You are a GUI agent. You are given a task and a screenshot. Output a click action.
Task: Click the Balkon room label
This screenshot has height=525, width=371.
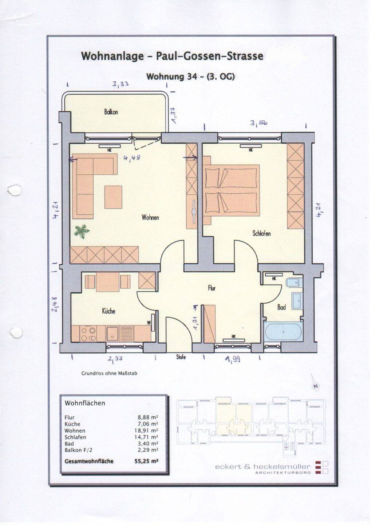pos(111,112)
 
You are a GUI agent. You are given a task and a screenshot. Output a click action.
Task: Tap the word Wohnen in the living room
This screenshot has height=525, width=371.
pos(150,218)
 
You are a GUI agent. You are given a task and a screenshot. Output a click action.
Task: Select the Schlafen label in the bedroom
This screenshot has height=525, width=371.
pos(262,233)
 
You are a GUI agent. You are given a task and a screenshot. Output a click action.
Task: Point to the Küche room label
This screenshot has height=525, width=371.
pos(108,311)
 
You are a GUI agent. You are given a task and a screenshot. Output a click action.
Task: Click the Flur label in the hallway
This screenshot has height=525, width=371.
pos(212,288)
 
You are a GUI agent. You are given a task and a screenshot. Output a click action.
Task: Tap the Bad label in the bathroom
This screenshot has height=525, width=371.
pos(281,307)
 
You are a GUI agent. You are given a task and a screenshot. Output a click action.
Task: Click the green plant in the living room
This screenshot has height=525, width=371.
pos(82,231)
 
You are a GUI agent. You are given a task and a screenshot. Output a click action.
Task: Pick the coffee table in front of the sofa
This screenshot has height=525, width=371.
pos(113,197)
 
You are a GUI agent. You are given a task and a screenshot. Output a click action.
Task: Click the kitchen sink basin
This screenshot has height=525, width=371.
pos(112,334)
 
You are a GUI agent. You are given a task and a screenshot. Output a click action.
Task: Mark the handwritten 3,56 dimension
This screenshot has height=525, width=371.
pos(258,123)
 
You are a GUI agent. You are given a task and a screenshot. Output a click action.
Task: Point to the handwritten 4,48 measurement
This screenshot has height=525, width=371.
pos(132,158)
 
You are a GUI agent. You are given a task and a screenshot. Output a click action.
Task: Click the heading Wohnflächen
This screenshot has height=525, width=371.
pos(85,403)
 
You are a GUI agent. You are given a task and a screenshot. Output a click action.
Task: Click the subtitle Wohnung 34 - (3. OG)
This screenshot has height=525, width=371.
pos(190,77)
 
